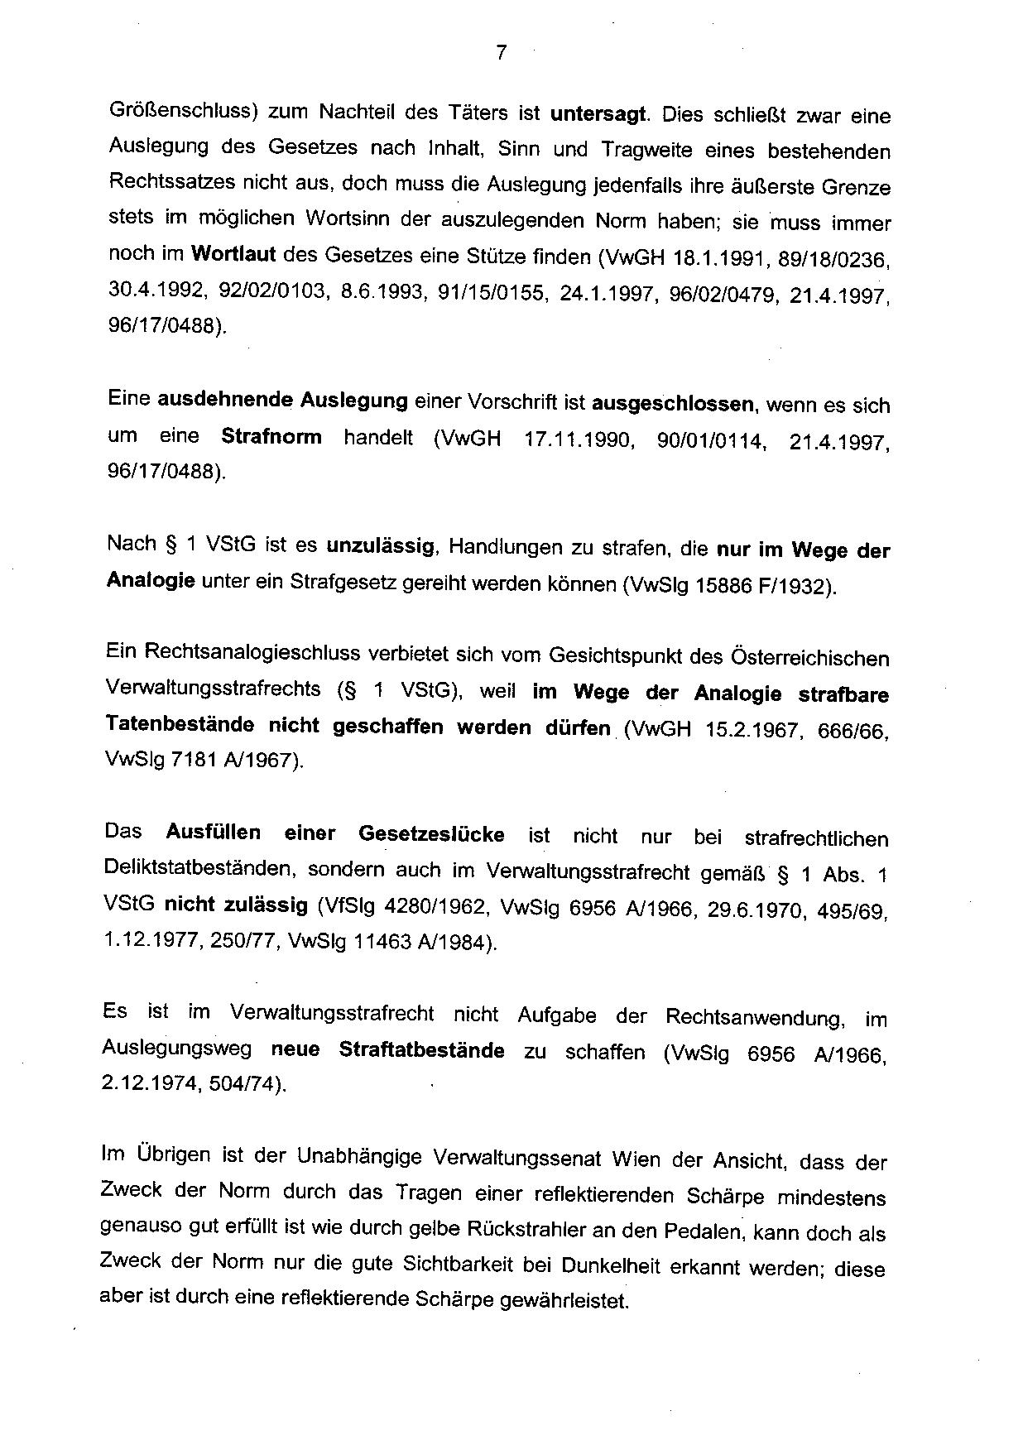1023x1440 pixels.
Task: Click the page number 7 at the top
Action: [500, 53]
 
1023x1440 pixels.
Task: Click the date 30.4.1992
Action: [156, 290]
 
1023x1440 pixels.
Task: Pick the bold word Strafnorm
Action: [271, 436]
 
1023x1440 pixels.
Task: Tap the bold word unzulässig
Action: [380, 545]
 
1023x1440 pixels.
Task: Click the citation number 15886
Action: [723, 586]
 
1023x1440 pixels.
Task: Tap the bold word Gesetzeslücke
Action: [431, 834]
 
